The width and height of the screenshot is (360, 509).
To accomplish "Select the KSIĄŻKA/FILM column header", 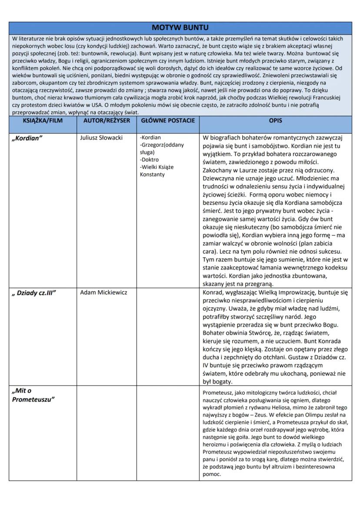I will [43, 120].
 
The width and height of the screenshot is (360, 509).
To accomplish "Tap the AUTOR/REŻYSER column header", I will [107, 120].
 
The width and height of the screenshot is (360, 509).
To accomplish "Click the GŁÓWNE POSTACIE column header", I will [168, 120].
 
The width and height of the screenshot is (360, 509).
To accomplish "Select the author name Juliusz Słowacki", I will [101, 138].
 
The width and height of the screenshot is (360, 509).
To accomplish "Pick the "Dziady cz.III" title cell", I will [34, 293].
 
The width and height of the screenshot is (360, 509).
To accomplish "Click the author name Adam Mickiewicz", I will [104, 293].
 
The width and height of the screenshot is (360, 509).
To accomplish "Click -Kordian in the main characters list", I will [150, 138].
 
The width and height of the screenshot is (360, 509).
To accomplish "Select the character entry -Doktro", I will [149, 160].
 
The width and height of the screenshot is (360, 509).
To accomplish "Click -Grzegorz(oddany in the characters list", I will [162, 145].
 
